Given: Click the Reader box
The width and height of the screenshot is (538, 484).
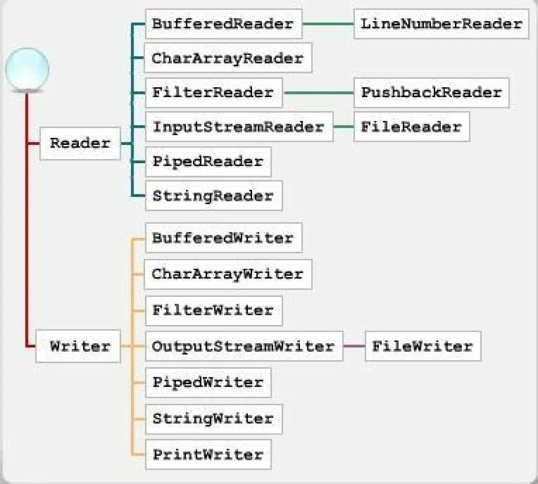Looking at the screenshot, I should [80, 143].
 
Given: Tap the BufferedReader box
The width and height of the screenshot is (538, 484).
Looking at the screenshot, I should [223, 24].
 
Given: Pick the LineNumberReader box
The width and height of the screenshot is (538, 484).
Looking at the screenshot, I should [441, 24].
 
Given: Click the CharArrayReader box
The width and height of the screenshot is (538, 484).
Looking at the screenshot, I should [227, 58].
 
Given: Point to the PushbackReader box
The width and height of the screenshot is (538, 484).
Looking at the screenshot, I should [431, 93].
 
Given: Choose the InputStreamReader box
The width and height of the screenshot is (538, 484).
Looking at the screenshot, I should [239, 127].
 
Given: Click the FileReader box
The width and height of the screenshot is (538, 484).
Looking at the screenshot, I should [411, 127].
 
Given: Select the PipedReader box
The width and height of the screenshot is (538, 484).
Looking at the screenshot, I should [208, 161].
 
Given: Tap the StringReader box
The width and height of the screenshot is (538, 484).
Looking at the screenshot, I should [213, 196].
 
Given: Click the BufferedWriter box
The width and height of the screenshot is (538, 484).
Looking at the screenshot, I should [223, 238].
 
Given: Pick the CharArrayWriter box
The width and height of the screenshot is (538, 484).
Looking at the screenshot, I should [227, 273].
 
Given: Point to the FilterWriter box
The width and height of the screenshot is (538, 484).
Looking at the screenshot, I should [213, 310].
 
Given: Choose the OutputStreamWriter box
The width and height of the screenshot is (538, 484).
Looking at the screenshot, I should [243, 346].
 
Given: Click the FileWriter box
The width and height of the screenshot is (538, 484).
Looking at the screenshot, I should [423, 346].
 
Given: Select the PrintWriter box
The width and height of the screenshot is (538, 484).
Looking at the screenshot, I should [208, 454].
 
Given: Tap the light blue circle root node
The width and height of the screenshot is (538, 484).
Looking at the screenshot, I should [27, 69].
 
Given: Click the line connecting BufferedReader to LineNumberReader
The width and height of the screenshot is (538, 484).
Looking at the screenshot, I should [328, 24].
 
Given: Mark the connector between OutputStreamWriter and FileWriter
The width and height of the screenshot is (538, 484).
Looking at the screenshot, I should [354, 346].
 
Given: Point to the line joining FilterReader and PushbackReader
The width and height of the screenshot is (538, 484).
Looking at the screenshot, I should [318, 93].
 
